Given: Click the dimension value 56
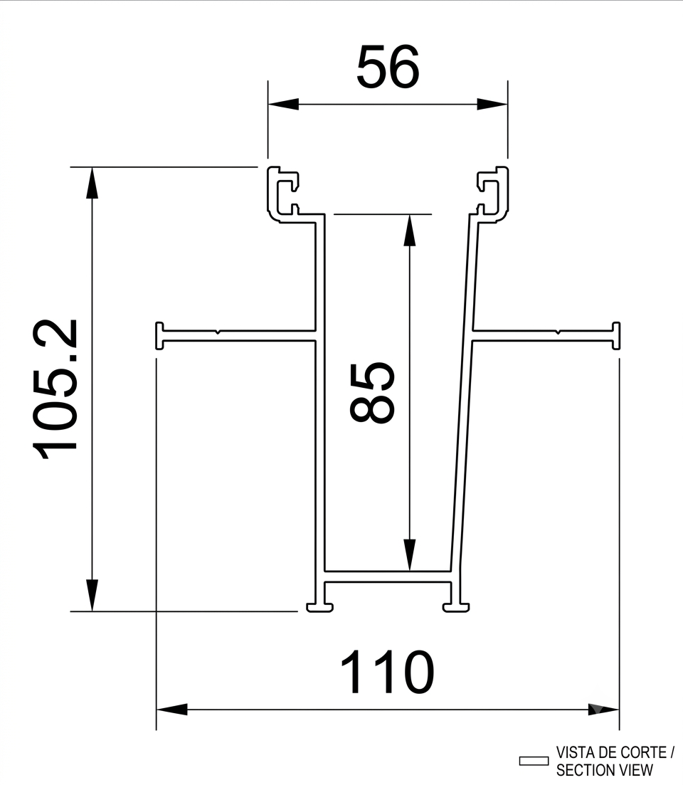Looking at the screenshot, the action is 388,67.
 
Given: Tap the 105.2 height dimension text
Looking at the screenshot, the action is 55,389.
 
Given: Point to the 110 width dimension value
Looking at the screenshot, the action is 387,672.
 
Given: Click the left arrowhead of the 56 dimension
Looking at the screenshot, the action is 283,104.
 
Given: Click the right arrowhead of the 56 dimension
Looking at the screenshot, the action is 492,104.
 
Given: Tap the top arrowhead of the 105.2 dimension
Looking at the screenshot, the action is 92,183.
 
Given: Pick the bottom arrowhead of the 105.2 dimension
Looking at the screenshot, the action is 92,595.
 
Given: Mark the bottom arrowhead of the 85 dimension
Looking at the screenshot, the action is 410,555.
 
